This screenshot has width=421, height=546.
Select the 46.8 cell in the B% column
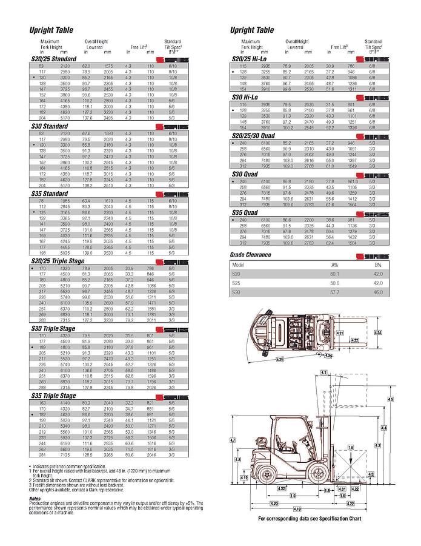(x=378, y=292)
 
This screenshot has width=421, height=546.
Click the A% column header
(x=334, y=265)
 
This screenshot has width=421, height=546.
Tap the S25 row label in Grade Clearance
(x=237, y=283)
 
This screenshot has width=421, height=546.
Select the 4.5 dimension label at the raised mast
(x=390, y=399)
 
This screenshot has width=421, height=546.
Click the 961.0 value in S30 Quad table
(x=352, y=181)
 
